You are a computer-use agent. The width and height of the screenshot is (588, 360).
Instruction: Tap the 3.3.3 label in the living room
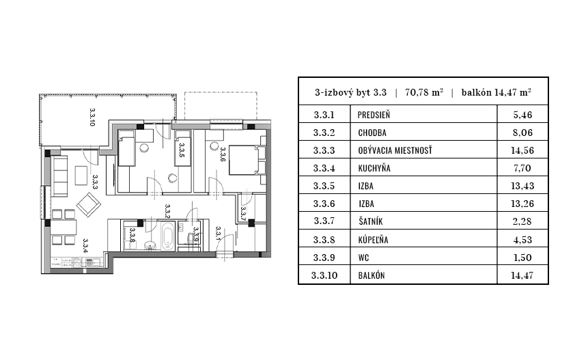coord(95,181)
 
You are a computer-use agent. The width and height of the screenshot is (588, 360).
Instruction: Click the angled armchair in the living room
coord(89,204)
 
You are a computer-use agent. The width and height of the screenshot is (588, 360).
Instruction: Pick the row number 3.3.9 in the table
coord(324,257)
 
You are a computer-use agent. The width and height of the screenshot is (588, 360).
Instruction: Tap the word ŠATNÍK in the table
coord(374,221)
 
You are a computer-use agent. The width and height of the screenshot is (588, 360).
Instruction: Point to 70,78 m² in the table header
coord(424,92)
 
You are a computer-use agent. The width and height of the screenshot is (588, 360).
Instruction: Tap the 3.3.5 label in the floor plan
coord(182,150)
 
